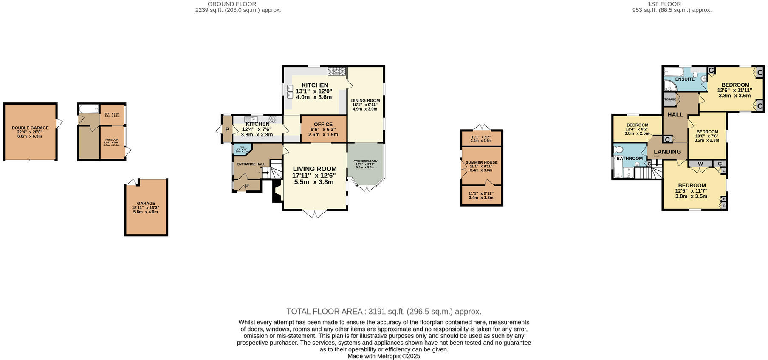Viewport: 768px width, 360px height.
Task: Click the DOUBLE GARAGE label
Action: [30, 128]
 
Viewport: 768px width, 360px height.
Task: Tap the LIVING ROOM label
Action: [314, 169]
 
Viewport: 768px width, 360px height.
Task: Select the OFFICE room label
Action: [323, 125]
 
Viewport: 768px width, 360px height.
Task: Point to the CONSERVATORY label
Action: [365, 162]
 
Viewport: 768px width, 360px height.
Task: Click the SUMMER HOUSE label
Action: [481, 162]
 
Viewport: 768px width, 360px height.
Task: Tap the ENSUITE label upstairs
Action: [685, 79]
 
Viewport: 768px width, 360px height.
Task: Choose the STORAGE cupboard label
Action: [669, 99]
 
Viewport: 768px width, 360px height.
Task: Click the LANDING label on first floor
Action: [667, 152]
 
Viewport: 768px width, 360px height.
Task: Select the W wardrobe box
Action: [700, 164]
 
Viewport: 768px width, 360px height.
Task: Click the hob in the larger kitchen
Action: [336, 71]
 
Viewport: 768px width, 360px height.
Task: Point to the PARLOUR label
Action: [112, 139]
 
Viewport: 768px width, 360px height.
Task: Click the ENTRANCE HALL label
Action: [251, 164]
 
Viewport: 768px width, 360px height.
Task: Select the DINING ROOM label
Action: [365, 101]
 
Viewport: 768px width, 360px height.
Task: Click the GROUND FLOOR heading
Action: [232, 4]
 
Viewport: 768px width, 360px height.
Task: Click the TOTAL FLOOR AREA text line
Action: [384, 311]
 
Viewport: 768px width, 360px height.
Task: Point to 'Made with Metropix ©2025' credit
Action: [384, 356]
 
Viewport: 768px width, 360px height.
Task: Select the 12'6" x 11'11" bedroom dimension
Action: [734, 90]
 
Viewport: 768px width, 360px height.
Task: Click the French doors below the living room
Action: [315, 214]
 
